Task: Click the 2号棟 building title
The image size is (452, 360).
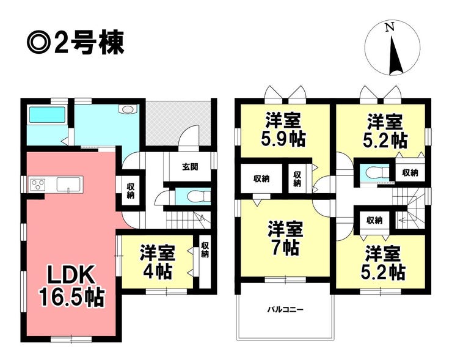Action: click(76, 42)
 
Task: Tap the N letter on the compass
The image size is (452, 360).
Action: click(390, 28)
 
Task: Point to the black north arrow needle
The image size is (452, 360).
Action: click(395, 55)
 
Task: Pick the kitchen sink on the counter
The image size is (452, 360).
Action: click(68, 185)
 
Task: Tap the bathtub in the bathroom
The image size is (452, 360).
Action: click(47, 114)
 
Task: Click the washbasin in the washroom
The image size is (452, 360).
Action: click(128, 110)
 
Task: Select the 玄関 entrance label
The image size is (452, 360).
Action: click(189, 167)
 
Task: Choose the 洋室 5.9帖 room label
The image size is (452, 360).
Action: click(283, 130)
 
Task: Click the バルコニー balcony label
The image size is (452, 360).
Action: click(285, 310)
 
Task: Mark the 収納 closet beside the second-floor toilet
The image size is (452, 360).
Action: click(410, 173)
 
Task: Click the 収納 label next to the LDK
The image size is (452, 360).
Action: click(130, 191)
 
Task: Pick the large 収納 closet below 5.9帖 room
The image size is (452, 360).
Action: click(261, 179)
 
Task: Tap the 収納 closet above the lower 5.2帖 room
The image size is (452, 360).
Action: click(374, 221)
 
